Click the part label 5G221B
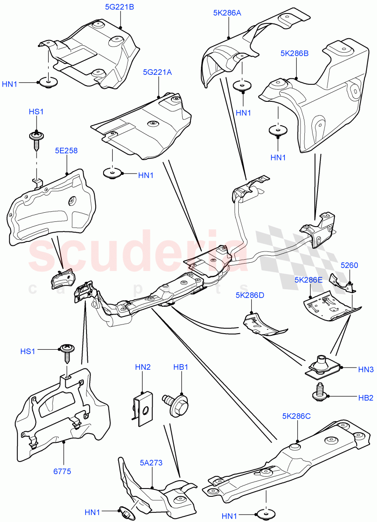pyautogui.click(x=119, y=7)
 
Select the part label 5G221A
pyautogui.click(x=157, y=73)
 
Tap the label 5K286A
pyautogui.click(x=227, y=13)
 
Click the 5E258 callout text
pyautogui.click(x=66, y=151)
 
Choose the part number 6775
pyautogui.click(x=63, y=471)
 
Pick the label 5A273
pyautogui.click(x=151, y=463)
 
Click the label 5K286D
pyautogui.click(x=250, y=295)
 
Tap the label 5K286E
pyautogui.click(x=308, y=280)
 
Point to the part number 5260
pyautogui.click(x=349, y=264)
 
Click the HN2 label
pyautogui.click(x=143, y=367)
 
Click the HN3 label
pyautogui.click(x=366, y=369)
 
